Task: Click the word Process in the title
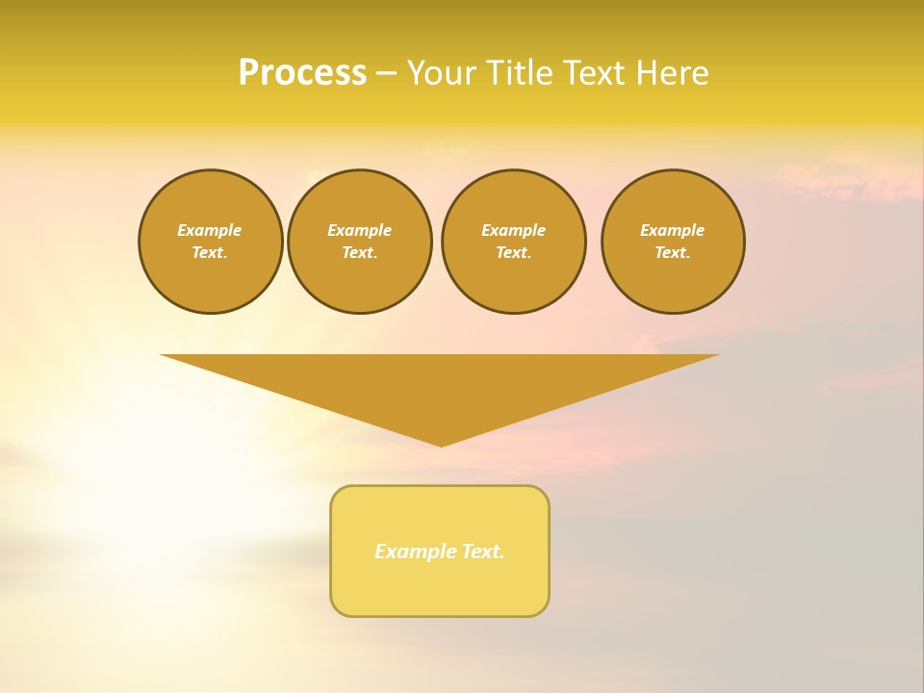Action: coord(302,73)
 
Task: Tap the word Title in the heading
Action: coord(515,73)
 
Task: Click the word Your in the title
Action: coord(444,73)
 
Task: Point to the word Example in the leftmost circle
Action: coord(210,230)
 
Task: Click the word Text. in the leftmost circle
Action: coord(210,252)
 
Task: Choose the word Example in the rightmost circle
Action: coord(673,230)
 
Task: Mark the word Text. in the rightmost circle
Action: coord(673,252)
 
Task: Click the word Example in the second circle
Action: coord(359,230)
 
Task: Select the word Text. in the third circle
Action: coord(513,252)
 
